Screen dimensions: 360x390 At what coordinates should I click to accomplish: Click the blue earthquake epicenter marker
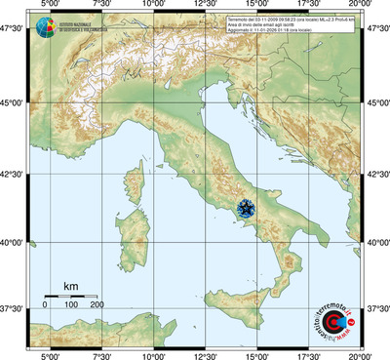click(x=247, y=206)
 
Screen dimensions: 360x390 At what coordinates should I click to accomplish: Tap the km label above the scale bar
click(x=70, y=286)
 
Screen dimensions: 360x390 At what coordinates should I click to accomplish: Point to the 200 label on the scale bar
click(x=97, y=306)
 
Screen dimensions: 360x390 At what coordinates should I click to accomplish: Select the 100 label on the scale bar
click(x=71, y=306)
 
